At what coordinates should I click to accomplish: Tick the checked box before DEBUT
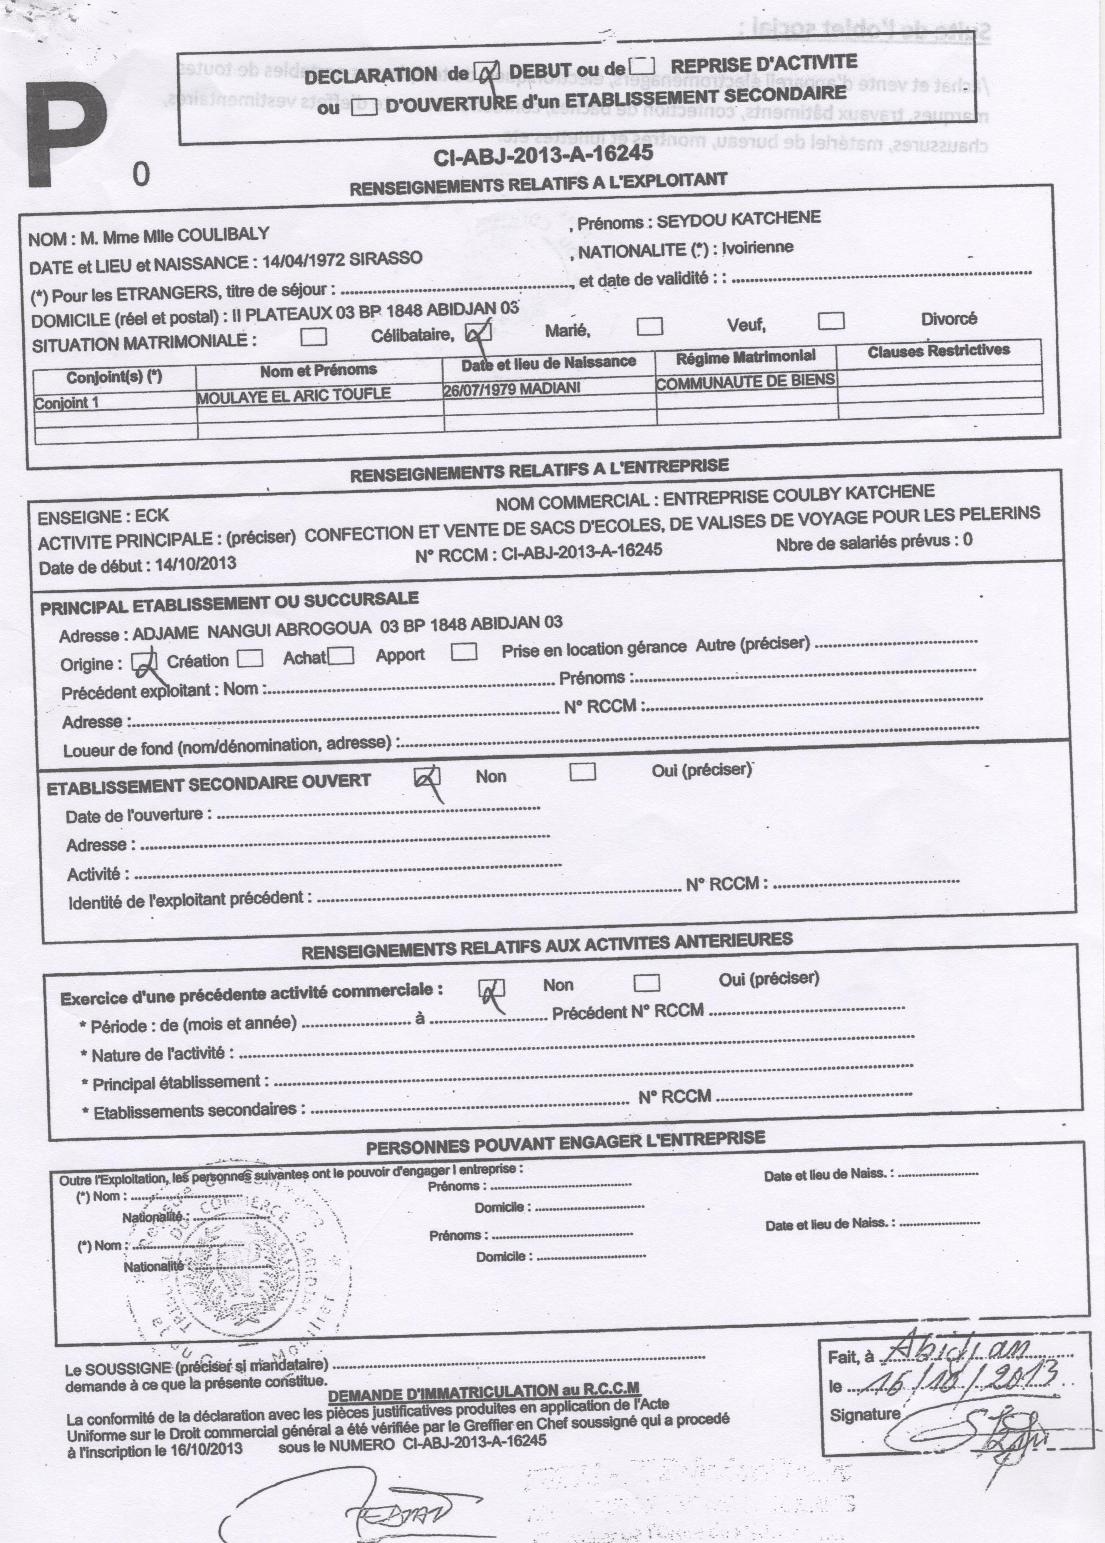[487, 72]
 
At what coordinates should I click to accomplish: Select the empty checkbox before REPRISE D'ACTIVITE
[642, 66]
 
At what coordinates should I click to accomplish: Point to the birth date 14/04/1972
[304, 260]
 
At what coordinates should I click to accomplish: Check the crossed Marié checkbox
[478, 331]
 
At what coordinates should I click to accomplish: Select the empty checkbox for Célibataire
[313, 337]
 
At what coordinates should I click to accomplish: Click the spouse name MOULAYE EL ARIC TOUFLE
[293, 395]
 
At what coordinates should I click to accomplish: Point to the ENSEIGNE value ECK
[151, 516]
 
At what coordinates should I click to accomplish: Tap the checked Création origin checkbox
[144, 661]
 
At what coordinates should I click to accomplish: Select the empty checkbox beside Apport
[464, 652]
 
